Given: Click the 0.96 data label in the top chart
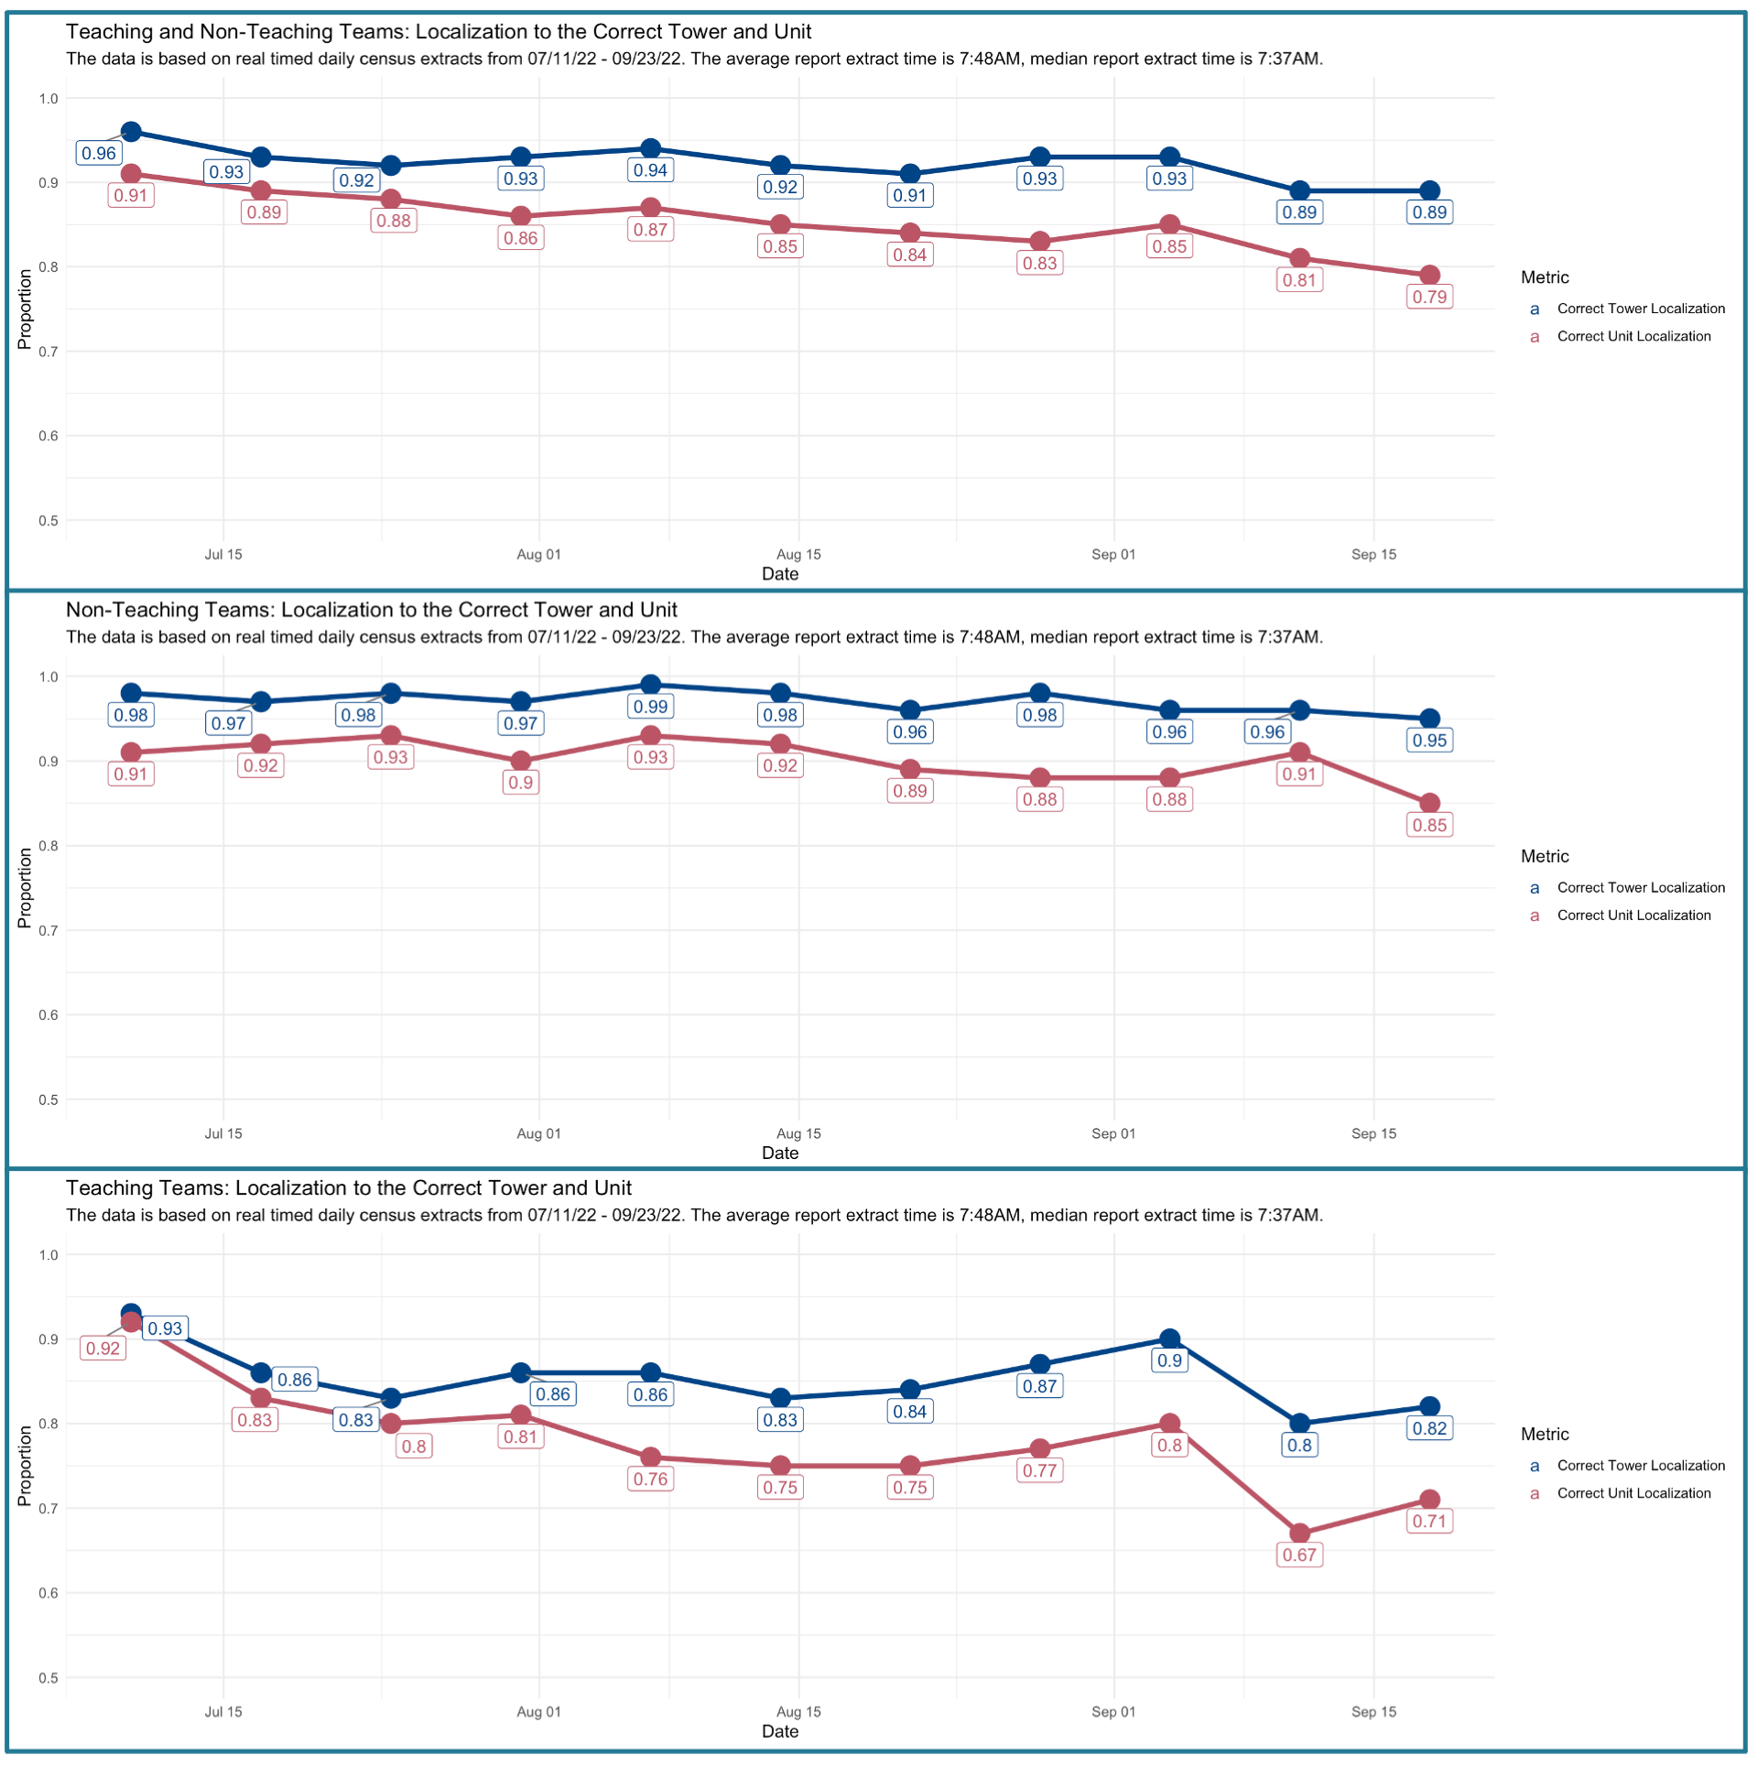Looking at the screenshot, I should point(99,154).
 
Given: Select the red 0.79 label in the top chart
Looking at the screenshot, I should point(1429,298).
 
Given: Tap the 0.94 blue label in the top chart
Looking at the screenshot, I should point(650,170).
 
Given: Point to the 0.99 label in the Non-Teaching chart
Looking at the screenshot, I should point(650,707).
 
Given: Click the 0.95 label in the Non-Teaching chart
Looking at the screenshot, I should point(1429,741).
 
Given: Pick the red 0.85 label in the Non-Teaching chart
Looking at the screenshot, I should point(1429,826).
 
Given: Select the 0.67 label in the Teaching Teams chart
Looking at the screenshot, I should point(1299,1555).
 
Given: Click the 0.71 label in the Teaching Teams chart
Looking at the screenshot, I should point(1429,1522).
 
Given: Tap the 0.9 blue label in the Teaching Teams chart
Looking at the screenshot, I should point(1169,1360).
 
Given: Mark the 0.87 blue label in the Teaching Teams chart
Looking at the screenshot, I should point(1040,1386).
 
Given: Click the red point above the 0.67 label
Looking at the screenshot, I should point(1299,1533).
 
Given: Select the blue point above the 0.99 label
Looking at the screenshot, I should point(650,685).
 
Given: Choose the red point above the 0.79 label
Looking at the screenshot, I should point(1429,276).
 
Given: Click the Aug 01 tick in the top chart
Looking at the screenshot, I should point(538,555).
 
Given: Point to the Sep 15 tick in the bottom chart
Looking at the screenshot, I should point(1373,1712).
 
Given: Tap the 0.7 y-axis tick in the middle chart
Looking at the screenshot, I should point(48,931).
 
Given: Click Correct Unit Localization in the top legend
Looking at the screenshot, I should point(1633,337).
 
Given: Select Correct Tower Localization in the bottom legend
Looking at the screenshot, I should point(1641,1466).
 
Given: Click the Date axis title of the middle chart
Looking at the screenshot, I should point(780,1154).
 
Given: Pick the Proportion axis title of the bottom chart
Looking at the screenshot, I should point(25,1467).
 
